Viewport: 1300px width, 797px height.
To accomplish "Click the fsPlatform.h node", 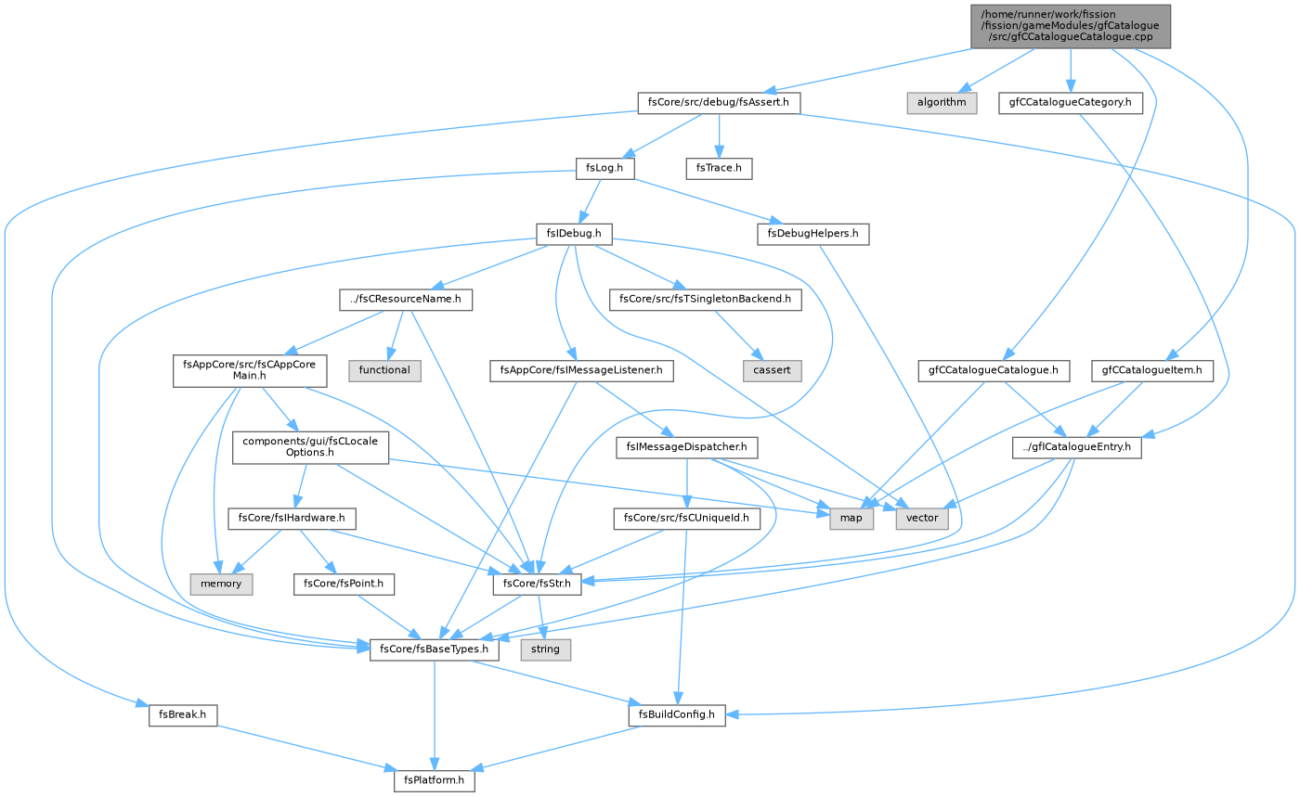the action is (435, 780).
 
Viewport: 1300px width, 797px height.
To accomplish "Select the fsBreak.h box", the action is (183, 714).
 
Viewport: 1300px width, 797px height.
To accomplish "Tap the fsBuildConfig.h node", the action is (677, 714).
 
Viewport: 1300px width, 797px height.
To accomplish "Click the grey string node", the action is (546, 649).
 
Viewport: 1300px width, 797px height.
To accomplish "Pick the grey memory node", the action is (221, 584).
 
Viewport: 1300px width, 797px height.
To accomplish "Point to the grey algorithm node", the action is (942, 103).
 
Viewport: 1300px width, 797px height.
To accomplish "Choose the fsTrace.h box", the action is (719, 168).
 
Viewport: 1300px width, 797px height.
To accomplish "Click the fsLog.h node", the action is (604, 168).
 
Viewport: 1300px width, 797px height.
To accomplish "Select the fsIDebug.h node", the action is (574, 234).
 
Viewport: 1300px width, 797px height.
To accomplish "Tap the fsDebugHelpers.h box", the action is (813, 234).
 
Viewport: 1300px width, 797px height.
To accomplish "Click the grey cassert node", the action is (772, 370).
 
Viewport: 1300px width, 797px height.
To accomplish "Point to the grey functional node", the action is (384, 370).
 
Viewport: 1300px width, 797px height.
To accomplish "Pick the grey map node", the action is (851, 518).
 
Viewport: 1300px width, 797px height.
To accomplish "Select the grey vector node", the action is (922, 518).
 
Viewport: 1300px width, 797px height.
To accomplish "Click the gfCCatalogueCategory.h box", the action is (1071, 103).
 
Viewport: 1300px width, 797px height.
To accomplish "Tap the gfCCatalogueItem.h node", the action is (1152, 370).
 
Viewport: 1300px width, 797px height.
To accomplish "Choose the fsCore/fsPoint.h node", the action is (344, 584).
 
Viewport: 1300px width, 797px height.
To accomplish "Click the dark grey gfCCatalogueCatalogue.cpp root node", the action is (1071, 26).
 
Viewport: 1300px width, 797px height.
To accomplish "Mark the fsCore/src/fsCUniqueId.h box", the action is (686, 518).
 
